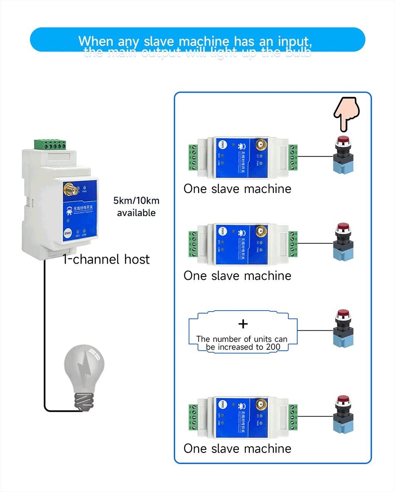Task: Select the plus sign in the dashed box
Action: coord(243,324)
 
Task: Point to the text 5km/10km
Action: coord(136,201)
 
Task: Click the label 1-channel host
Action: coord(106,260)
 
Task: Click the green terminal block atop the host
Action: coord(49,145)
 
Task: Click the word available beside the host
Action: coord(136,213)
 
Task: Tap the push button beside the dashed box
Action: coord(343,328)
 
